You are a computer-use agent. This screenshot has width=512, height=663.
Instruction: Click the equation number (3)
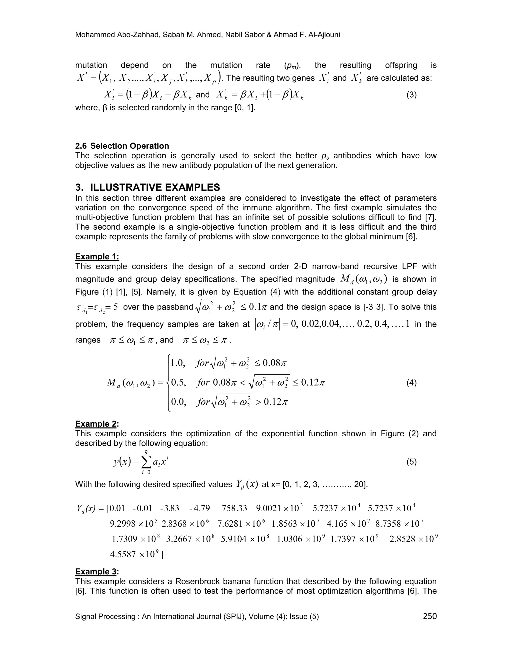pyautogui.click(x=411, y=95)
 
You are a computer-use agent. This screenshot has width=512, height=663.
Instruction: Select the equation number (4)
pyautogui.click(x=411, y=383)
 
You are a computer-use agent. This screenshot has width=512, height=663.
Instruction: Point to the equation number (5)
pyautogui.click(x=411, y=462)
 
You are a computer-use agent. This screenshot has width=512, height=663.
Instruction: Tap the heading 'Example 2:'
pyautogui.click(x=97, y=424)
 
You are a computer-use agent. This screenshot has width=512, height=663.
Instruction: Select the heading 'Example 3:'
pyautogui.click(x=97, y=572)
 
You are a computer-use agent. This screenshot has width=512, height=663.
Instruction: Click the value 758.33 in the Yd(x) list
pyautogui.click(x=234, y=508)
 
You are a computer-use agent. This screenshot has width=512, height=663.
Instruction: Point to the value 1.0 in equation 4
pyautogui.click(x=178, y=363)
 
